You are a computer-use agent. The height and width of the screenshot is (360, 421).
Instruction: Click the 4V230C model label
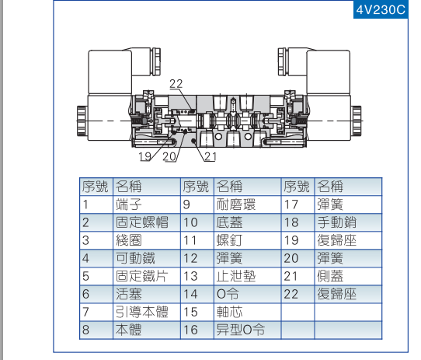click(381, 10)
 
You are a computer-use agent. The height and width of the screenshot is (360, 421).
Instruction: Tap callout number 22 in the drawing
click(176, 84)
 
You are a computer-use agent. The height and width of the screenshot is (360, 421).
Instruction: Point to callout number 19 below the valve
click(145, 156)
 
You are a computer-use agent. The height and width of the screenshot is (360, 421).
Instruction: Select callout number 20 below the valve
click(169, 156)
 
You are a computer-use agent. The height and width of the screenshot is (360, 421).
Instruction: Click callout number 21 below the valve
click(210, 156)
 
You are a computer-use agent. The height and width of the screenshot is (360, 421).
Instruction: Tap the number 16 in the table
click(190, 330)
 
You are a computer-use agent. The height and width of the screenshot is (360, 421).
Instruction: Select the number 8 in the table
click(85, 330)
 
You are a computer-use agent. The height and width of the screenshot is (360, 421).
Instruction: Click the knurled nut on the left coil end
click(82, 121)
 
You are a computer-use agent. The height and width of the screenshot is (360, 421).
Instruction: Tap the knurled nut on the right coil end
click(357, 121)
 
